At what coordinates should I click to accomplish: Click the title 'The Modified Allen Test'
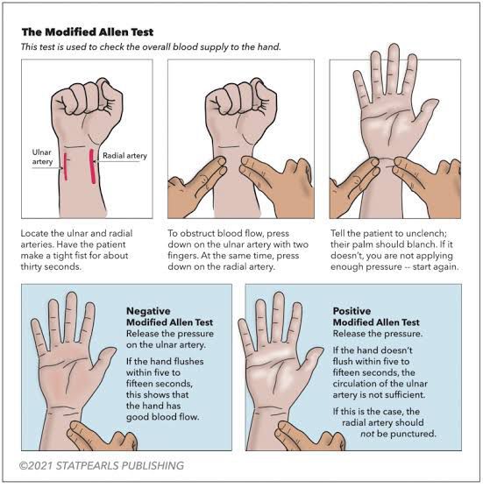point(88,32)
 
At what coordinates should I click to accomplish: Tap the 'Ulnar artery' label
point(42,157)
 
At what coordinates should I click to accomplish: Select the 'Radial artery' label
point(124,156)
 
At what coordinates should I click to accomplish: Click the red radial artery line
point(92,166)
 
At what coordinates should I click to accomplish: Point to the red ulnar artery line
point(66,166)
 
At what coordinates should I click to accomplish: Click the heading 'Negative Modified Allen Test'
point(169,316)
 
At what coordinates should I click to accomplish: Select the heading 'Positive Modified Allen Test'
point(376,316)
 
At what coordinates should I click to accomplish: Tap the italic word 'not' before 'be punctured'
point(367,434)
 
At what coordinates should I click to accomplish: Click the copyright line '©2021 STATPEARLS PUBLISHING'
point(102,465)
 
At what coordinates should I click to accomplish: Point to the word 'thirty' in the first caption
point(31,266)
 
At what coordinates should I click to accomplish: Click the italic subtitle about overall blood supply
point(151,47)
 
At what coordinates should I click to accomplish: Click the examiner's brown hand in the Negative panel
point(101,435)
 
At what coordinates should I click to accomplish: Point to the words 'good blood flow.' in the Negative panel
point(162,417)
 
